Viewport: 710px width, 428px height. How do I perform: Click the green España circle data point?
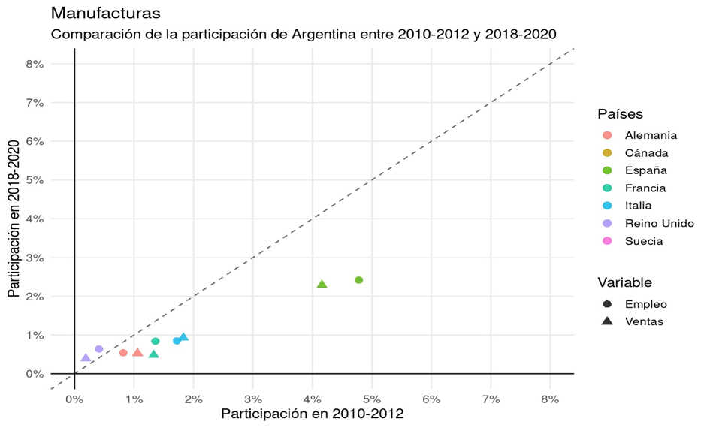358,280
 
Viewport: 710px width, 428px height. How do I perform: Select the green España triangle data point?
322,285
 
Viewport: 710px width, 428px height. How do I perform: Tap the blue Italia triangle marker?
183,337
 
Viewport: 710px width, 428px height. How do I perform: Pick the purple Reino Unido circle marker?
99,349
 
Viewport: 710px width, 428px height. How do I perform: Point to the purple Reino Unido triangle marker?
86,358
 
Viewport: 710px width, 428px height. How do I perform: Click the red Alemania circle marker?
123,353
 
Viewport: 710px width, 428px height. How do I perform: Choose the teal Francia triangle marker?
153,354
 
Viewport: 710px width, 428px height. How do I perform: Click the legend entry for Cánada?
646,153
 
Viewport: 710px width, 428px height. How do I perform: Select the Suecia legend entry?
644,241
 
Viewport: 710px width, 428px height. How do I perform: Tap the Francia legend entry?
645,188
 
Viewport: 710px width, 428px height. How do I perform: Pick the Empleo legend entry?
645,304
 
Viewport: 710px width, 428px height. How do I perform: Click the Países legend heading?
620,114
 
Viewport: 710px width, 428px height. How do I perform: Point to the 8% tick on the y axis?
35,65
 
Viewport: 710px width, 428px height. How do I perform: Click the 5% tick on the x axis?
371,399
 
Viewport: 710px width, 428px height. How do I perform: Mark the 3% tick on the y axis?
35,258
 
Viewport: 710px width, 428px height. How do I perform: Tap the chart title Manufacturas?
104,14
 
